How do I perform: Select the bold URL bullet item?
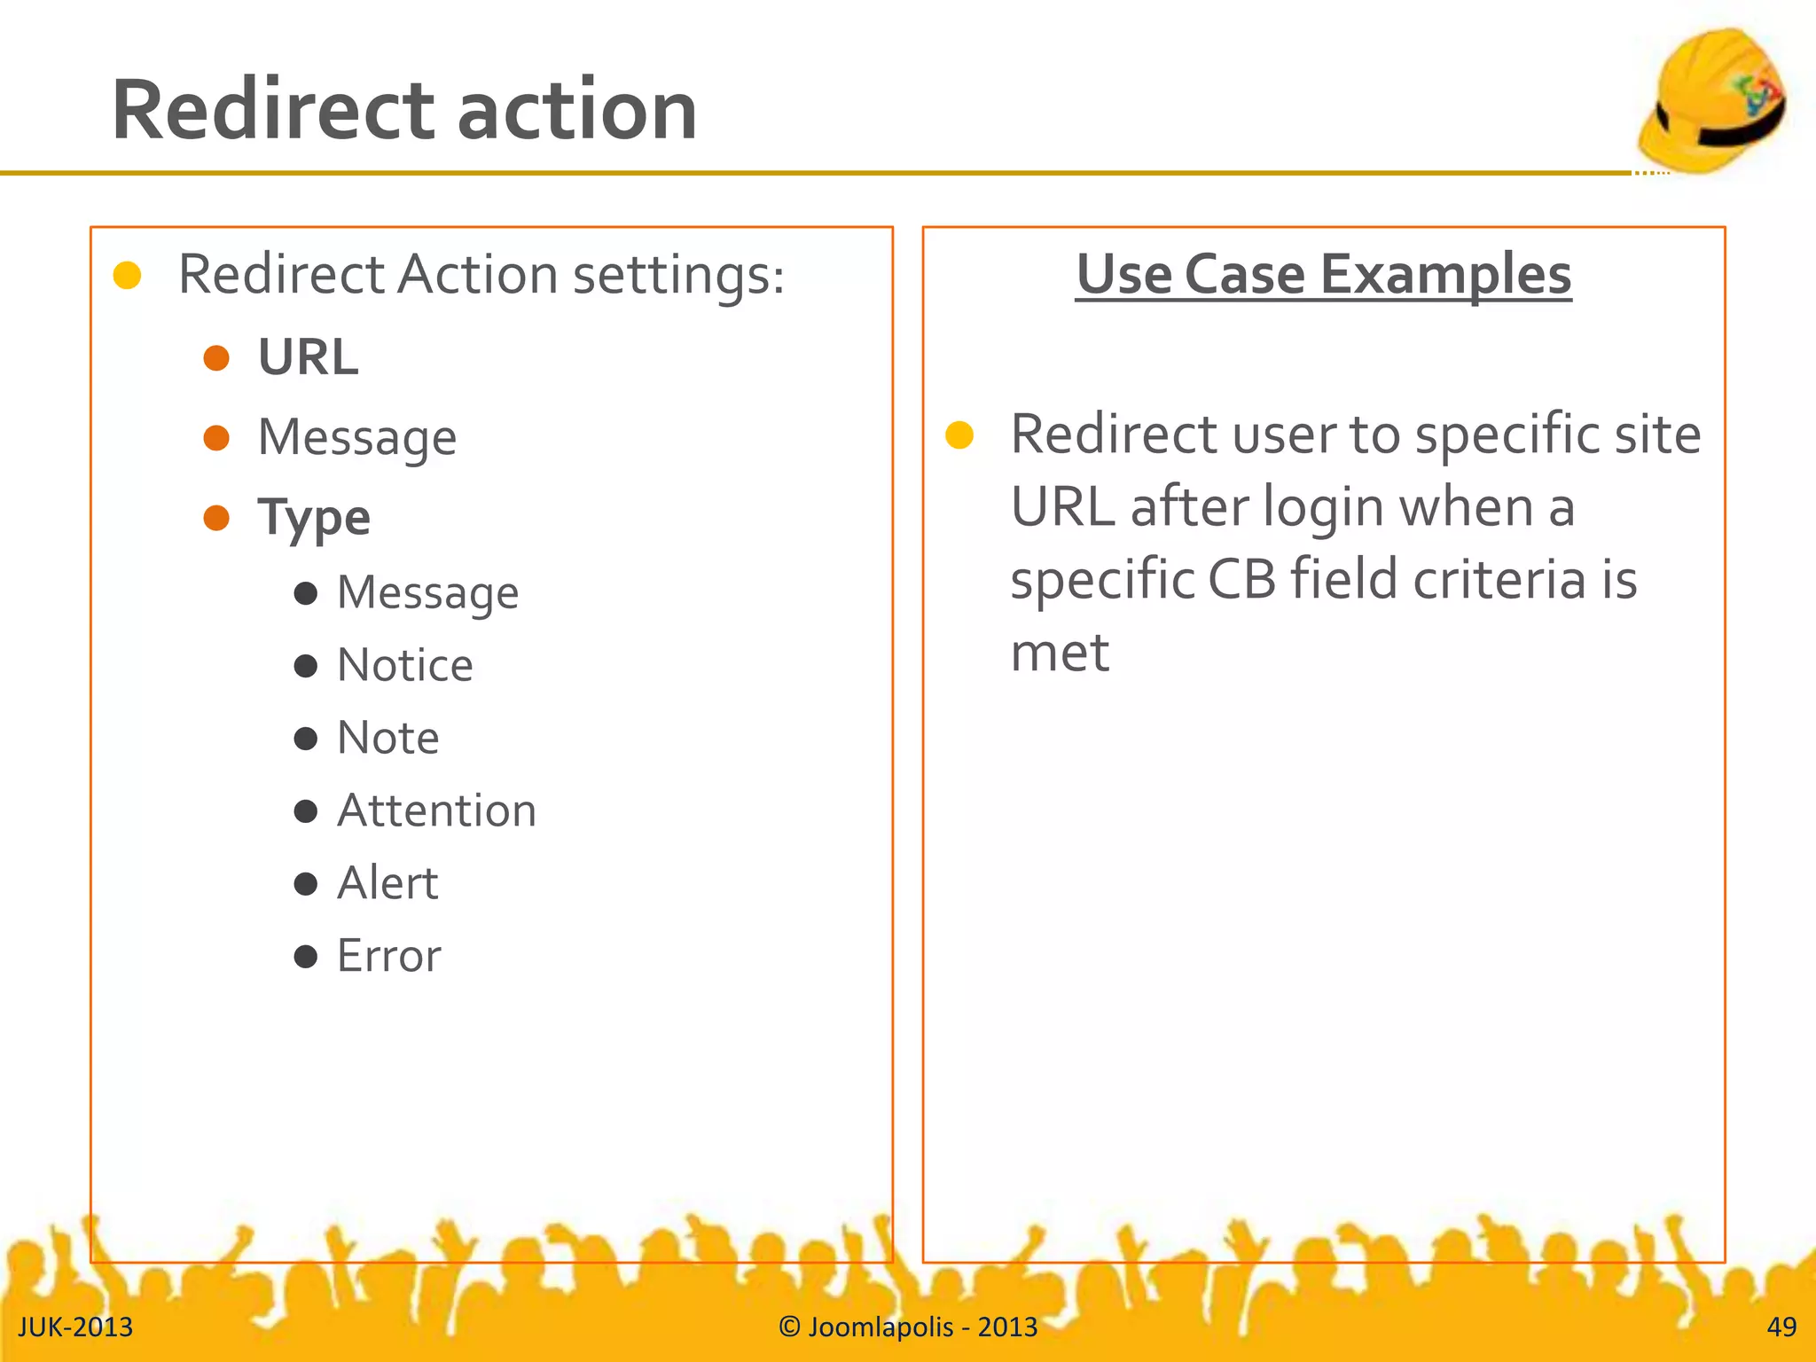(308, 357)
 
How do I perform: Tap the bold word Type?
(314, 518)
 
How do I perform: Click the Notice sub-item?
(405, 666)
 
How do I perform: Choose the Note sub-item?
(388, 739)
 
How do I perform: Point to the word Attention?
(437, 811)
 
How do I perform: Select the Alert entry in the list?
(387, 884)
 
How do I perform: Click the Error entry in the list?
(388, 957)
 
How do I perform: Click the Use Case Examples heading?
(1323, 274)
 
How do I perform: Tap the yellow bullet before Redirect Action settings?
(128, 276)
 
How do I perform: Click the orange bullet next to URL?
(216, 358)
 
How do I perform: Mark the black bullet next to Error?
(306, 957)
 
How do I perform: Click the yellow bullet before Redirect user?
(959, 435)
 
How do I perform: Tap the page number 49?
(1781, 1327)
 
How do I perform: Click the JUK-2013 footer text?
(75, 1327)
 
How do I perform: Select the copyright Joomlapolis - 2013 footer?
(908, 1327)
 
